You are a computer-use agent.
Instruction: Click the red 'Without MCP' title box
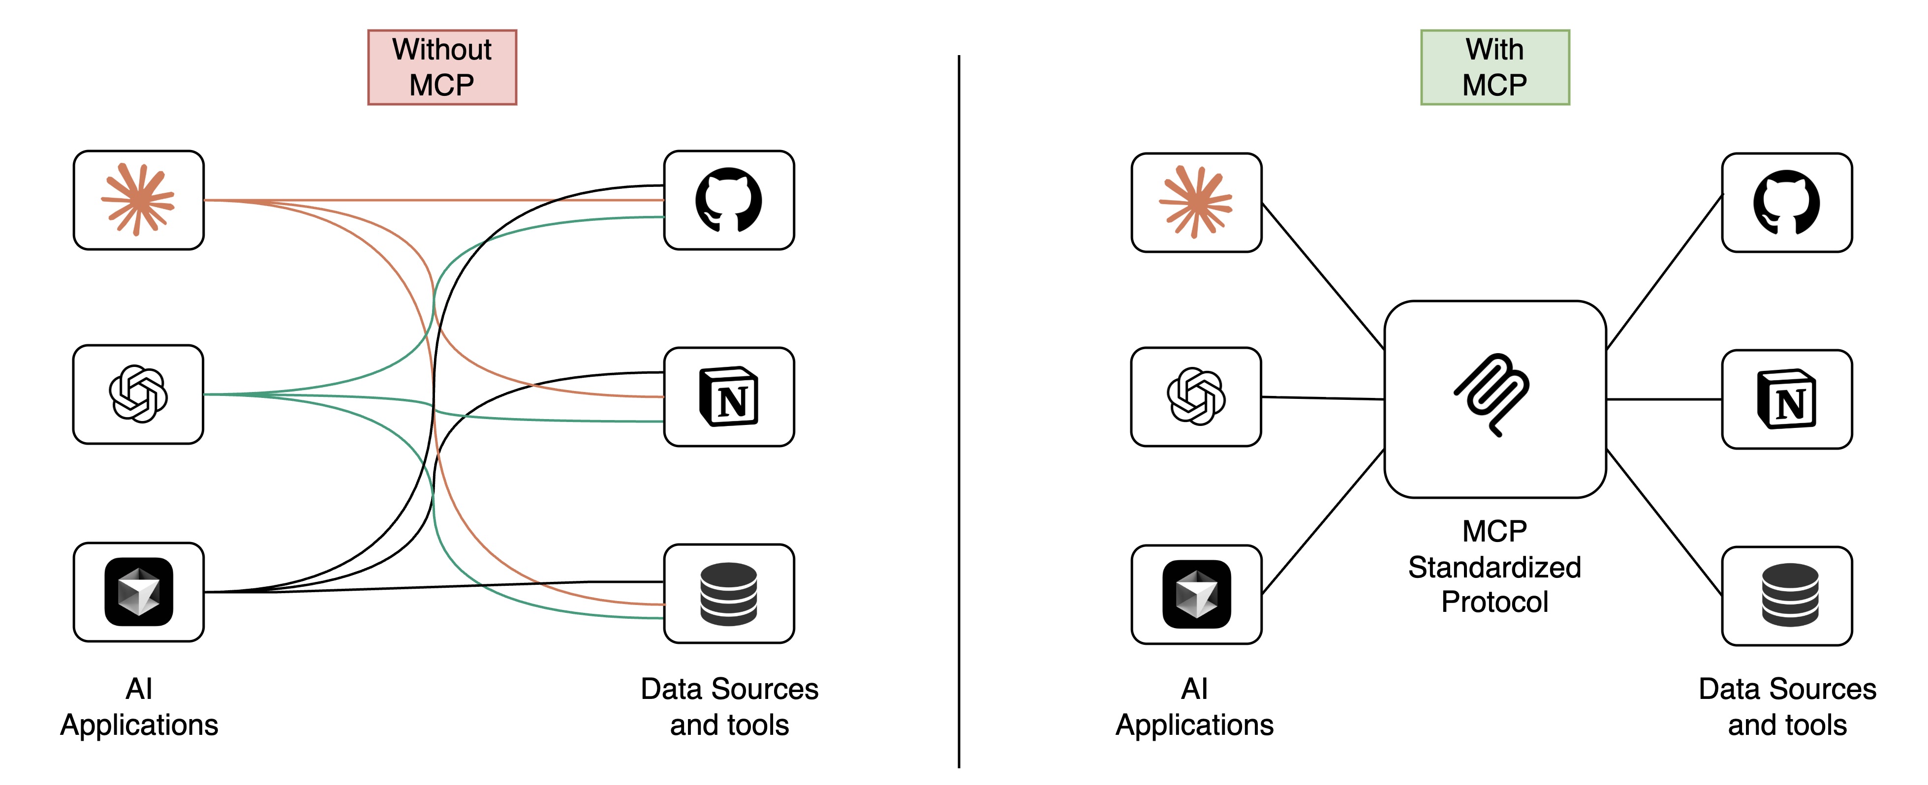coord(441,67)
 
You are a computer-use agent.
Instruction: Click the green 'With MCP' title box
coord(1494,67)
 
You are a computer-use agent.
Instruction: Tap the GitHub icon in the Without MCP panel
coord(728,201)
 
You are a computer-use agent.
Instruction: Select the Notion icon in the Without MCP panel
coord(728,396)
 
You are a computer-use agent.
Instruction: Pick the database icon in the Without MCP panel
coord(728,594)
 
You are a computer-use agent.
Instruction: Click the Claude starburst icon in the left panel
coord(138,200)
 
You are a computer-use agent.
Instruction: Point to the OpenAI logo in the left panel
coord(138,394)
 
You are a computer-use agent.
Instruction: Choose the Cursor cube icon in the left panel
coord(138,592)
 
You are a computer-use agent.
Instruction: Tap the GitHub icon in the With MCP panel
coord(1787,203)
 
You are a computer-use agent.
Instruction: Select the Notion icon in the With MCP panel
coord(1787,399)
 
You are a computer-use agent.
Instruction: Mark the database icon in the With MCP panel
coord(1790,596)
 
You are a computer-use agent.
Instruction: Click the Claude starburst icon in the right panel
coord(1196,202)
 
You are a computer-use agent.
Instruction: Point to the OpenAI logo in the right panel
coord(1196,396)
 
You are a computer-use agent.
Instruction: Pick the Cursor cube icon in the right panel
coord(1196,594)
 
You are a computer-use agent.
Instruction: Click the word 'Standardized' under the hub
coord(1494,567)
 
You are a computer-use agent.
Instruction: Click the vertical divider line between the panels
coord(958,412)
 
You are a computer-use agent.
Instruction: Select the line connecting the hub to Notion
coord(1664,399)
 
